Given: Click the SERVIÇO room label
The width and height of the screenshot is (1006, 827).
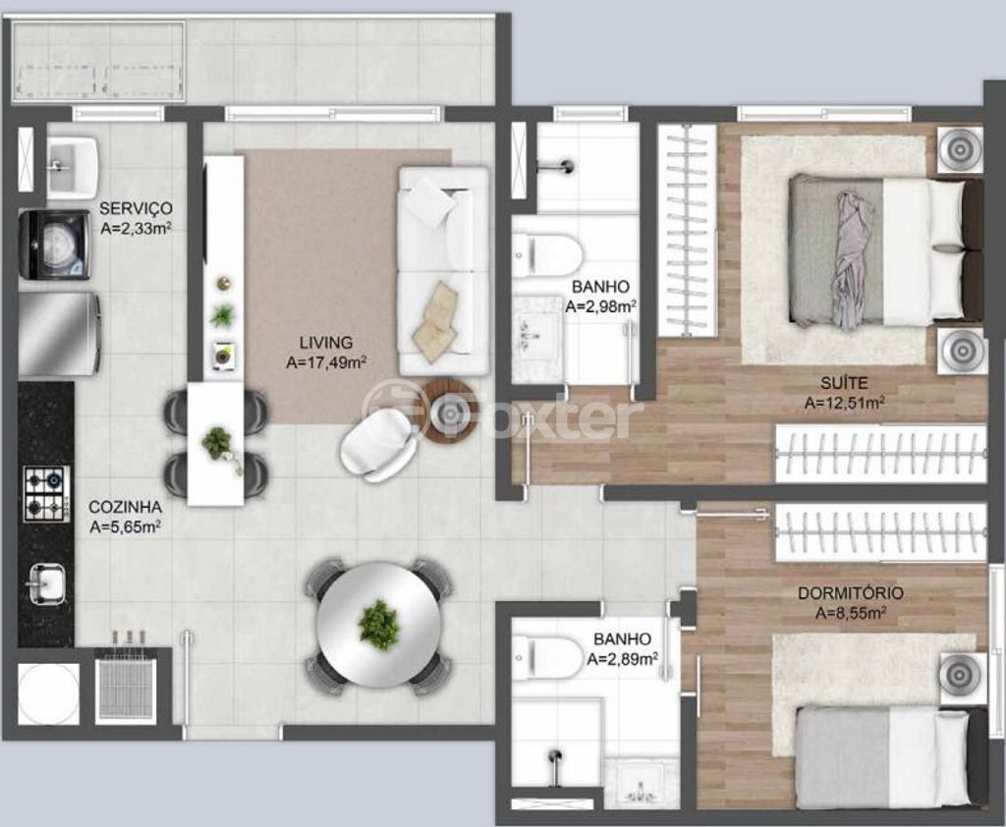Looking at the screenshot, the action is click(x=136, y=208).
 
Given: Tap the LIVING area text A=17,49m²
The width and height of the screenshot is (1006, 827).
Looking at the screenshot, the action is click(x=326, y=362).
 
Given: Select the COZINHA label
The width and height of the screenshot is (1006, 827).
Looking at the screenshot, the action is click(x=125, y=507).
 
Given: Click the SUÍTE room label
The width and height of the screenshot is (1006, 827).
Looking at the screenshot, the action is click(x=844, y=383).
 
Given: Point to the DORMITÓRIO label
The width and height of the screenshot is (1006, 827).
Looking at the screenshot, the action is click(x=850, y=593).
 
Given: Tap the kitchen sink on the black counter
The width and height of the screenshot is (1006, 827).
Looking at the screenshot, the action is click(x=45, y=583).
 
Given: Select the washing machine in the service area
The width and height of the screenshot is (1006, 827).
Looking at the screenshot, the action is click(x=54, y=246).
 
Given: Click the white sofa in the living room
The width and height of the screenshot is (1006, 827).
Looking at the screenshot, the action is click(x=443, y=271).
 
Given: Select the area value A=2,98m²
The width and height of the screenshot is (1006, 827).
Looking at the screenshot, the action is click(x=600, y=306).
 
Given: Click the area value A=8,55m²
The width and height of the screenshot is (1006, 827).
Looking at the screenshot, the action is click(x=851, y=613).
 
